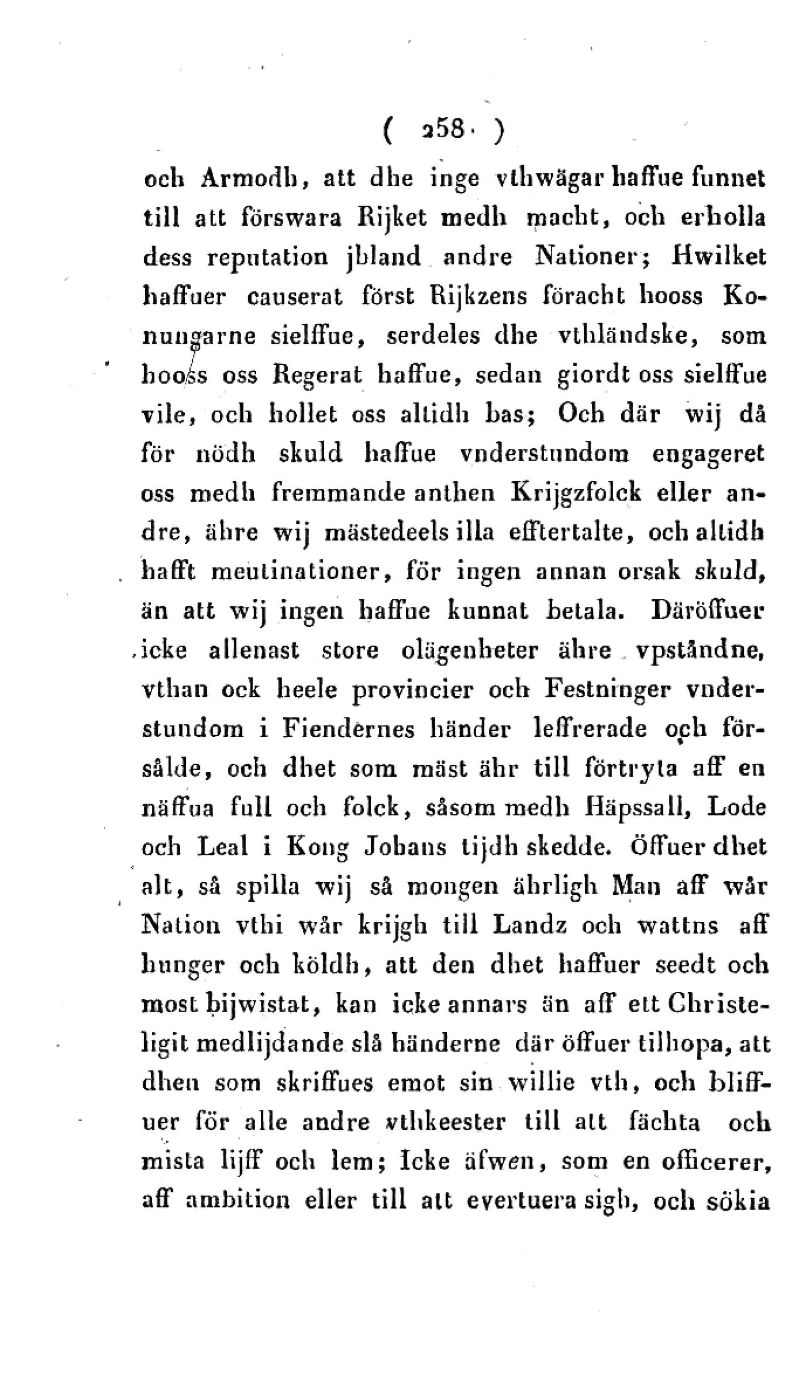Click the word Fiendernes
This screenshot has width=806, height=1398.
[348, 730]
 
